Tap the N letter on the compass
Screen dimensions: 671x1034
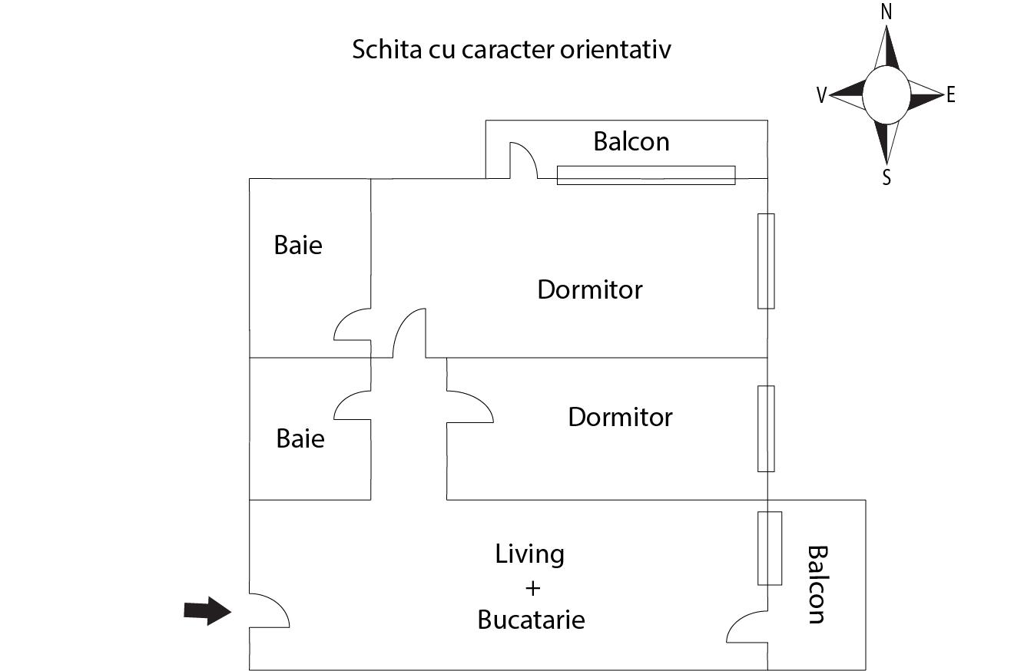pyautogui.click(x=887, y=12)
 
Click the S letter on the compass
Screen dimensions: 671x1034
pyautogui.click(x=887, y=178)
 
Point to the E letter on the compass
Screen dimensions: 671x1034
pyautogui.click(x=951, y=95)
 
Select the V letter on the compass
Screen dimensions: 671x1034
pyautogui.click(x=821, y=95)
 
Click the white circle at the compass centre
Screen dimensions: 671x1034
pyautogui.click(x=886, y=94)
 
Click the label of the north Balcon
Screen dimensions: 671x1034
pyautogui.click(x=631, y=141)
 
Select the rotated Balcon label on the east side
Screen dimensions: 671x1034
pyautogui.click(x=817, y=584)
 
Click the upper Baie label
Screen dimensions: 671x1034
pyautogui.click(x=298, y=246)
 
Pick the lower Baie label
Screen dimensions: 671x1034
pyautogui.click(x=300, y=439)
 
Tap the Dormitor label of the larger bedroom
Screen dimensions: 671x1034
pyautogui.click(x=589, y=289)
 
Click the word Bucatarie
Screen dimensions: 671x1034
pyautogui.click(x=531, y=620)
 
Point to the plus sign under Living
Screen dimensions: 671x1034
pyautogui.click(x=532, y=588)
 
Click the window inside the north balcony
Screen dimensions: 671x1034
pyautogui.click(x=645, y=175)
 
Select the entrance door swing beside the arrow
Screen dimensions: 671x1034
pyautogui.click(x=268, y=611)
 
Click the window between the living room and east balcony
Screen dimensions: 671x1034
pyautogui.click(x=770, y=548)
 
